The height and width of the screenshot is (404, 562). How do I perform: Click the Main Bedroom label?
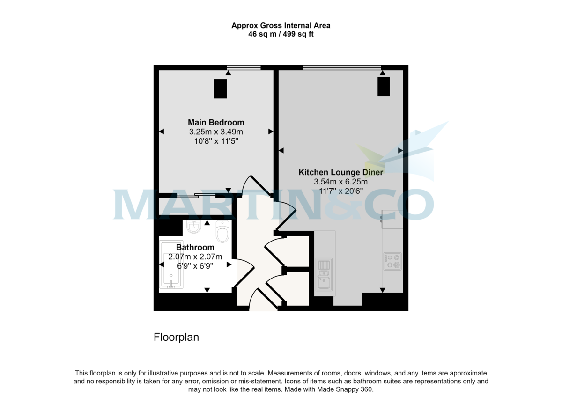[x=216, y=123]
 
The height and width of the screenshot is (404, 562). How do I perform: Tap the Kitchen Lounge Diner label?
[x=340, y=172]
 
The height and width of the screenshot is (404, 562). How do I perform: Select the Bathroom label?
[x=195, y=247]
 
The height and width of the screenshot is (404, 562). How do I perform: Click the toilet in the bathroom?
[x=222, y=231]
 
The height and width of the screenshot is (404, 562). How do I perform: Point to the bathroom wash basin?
[x=193, y=228]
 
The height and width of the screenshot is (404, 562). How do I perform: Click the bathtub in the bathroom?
[x=171, y=264]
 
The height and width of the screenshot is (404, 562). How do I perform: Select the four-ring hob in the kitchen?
[x=392, y=261]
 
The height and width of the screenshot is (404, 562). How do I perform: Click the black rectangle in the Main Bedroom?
[x=220, y=89]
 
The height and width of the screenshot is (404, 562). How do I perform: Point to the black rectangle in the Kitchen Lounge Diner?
[x=384, y=87]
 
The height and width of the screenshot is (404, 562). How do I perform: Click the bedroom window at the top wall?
[x=244, y=68]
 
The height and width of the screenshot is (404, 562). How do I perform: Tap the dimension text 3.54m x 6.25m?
[x=340, y=182]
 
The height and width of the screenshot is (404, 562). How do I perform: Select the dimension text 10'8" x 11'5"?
[x=216, y=141]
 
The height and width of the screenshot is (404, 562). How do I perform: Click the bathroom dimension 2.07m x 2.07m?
[x=195, y=257]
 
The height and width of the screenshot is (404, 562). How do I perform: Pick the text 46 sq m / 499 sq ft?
[x=281, y=34]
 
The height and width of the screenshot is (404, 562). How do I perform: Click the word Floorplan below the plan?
[x=176, y=337]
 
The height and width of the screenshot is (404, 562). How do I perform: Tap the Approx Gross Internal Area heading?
[x=281, y=26]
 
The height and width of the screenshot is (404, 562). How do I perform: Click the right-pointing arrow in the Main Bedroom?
[x=271, y=132]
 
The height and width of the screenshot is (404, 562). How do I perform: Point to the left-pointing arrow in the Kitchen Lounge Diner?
[x=281, y=151]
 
